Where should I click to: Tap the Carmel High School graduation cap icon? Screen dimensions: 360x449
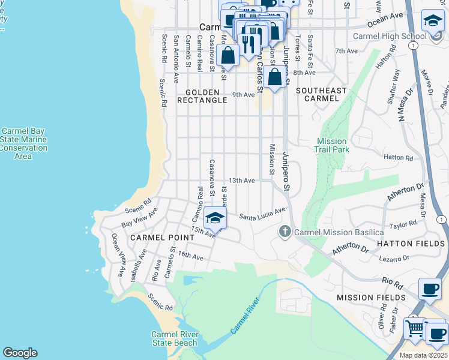(x=433, y=22)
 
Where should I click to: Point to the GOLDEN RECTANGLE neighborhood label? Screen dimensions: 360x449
(x=202, y=96)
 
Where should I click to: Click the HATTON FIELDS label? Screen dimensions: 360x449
(x=411, y=244)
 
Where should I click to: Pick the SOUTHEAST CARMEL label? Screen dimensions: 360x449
(x=321, y=94)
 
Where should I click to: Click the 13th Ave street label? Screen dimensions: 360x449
(x=242, y=181)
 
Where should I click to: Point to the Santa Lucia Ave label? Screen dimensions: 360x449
(x=262, y=214)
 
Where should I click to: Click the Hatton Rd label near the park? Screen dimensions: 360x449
(x=398, y=158)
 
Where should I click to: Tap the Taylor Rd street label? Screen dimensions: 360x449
(x=403, y=224)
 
